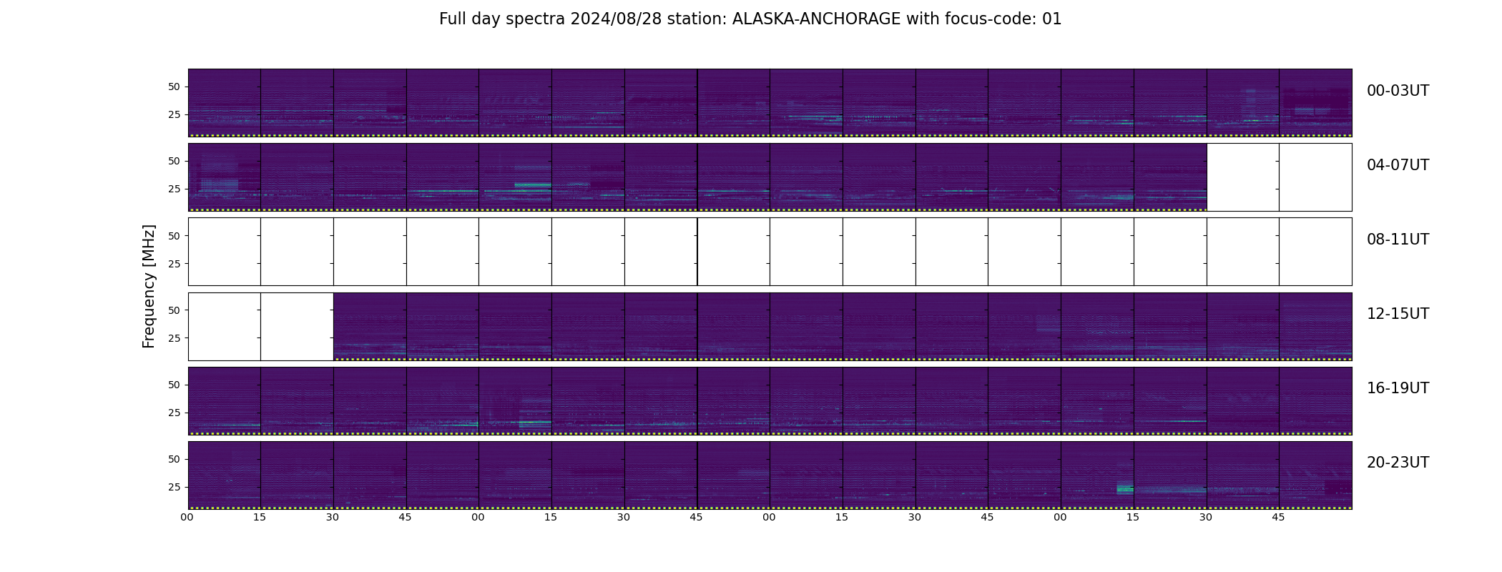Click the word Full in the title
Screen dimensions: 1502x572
click(x=452, y=19)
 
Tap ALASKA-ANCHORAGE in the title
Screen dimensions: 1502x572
click(x=816, y=19)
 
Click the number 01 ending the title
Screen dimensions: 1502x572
click(x=1052, y=19)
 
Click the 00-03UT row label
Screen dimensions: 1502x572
click(x=1398, y=91)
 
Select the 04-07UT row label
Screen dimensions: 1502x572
click(x=1398, y=165)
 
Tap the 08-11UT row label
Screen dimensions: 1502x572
click(x=1398, y=240)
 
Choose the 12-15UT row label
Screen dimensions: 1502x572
click(x=1398, y=314)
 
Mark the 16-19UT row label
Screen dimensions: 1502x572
click(x=1398, y=388)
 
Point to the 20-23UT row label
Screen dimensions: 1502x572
click(x=1398, y=463)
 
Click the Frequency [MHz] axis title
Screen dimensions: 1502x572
click(x=149, y=286)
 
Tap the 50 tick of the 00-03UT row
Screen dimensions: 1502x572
click(x=174, y=87)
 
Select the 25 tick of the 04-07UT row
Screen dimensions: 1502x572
click(x=174, y=189)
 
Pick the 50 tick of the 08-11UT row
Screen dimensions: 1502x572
click(x=174, y=236)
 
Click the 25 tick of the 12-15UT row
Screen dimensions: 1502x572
click(x=174, y=338)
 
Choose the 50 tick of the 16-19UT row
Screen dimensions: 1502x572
click(x=174, y=385)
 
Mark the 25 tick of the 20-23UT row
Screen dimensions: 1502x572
click(x=174, y=487)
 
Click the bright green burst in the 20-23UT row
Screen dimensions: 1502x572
click(x=1125, y=489)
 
